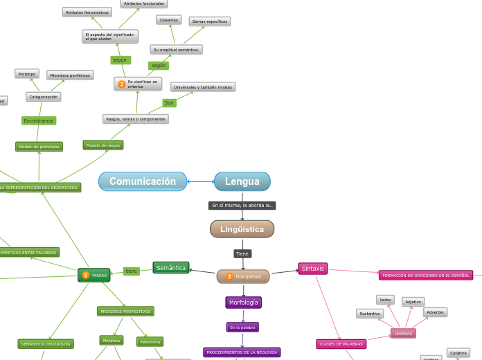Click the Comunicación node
[143, 181]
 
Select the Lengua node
[242, 181]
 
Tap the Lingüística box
[242, 229]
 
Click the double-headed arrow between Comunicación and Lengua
[200, 181]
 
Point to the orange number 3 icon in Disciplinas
[229, 277]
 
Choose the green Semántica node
[170, 268]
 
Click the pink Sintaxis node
[313, 269]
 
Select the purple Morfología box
[243, 303]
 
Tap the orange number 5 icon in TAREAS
[86, 276]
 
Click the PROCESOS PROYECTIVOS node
[125, 312]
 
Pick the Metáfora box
[111, 341]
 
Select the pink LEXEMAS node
[403, 334]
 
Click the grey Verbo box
[385, 300]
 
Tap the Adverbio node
[435, 312]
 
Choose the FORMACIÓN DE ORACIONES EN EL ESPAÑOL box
[426, 276]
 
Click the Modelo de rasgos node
[103, 145]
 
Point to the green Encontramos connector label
[39, 120]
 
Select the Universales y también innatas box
[203, 87]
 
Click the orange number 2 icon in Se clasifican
[122, 84]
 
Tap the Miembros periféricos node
[70, 75]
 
